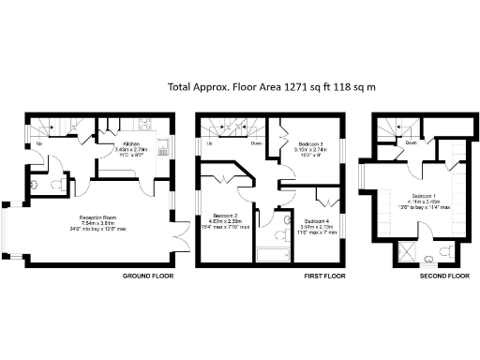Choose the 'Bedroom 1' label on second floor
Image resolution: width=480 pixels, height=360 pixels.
(x=414, y=194)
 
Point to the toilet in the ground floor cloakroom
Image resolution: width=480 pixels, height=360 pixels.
(x=36, y=185)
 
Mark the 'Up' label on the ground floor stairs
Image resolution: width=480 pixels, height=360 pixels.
(x=38, y=144)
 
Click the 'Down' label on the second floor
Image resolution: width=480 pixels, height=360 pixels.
(x=411, y=143)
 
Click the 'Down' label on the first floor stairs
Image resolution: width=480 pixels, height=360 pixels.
(x=256, y=144)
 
